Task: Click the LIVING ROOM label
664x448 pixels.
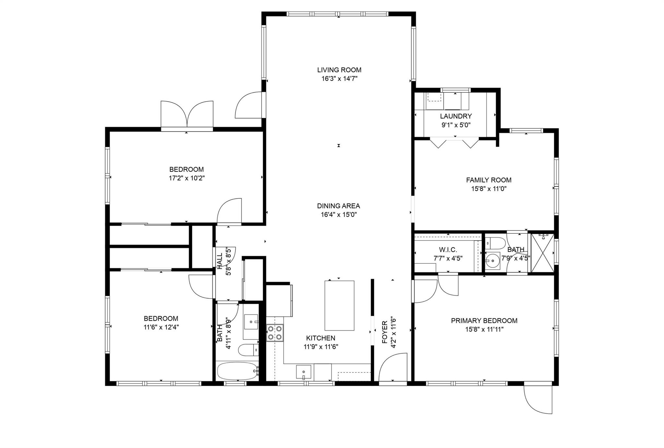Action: (x=339, y=70)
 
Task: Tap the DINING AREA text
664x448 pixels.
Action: (x=338, y=206)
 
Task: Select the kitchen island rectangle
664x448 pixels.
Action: (x=339, y=306)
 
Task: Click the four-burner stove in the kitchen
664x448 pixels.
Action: (x=275, y=333)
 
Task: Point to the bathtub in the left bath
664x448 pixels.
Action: (x=238, y=371)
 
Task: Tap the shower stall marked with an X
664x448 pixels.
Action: (x=542, y=253)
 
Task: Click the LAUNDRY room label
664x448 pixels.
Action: (x=456, y=116)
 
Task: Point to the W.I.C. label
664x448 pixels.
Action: (x=448, y=250)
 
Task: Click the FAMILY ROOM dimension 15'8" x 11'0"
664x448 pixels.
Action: (x=489, y=189)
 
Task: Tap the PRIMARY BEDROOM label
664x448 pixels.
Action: (x=484, y=321)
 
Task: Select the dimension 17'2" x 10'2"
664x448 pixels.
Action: (x=187, y=178)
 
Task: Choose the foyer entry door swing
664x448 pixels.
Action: (x=393, y=367)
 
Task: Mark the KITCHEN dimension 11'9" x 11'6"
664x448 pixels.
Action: (x=321, y=347)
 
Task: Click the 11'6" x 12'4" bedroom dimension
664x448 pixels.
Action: (x=161, y=327)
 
